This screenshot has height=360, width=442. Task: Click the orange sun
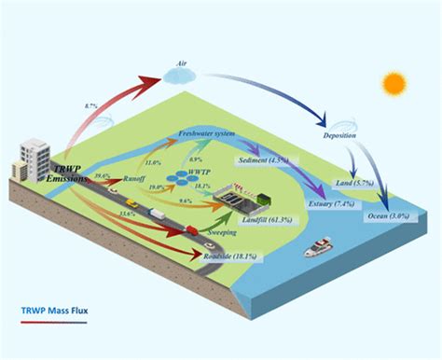click(395, 83)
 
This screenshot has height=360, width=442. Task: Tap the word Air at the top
click(183, 65)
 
